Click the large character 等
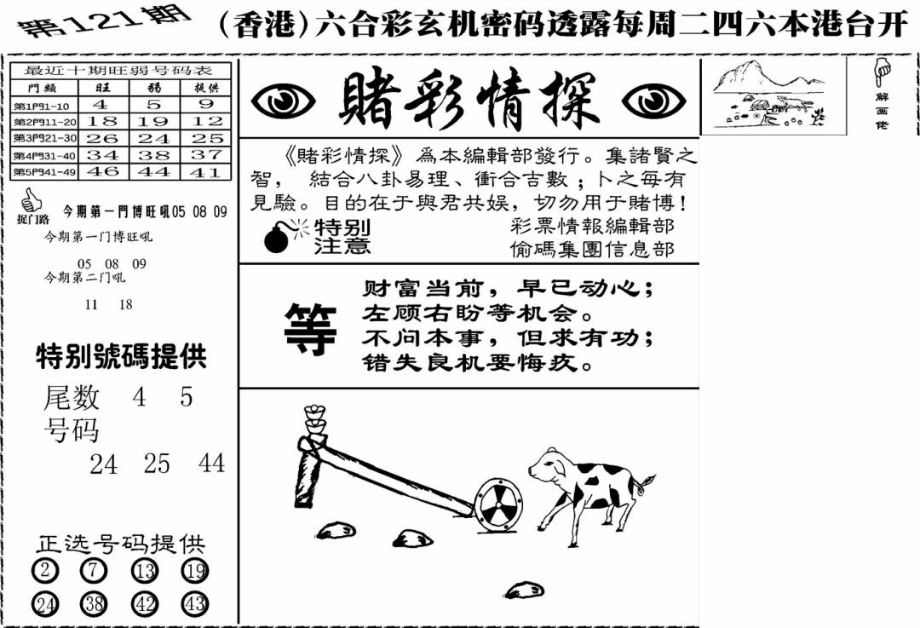point(311,329)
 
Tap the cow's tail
point(645,486)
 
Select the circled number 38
point(94,604)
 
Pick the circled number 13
point(145,569)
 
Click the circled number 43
point(195,604)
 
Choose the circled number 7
point(94,569)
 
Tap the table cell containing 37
point(207,154)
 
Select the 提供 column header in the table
point(207,88)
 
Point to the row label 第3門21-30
point(45,138)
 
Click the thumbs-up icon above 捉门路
point(32,200)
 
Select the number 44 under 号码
point(210,464)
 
